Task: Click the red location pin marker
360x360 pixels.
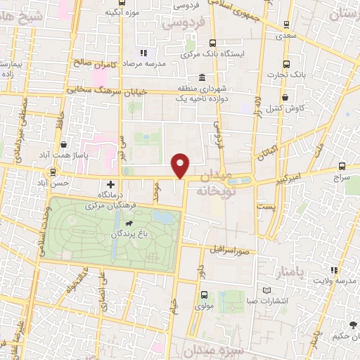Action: (181, 165)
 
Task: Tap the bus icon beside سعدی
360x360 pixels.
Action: (285, 22)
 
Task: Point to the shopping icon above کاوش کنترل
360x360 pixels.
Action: (285, 98)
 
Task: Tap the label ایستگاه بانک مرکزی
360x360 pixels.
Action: (210, 53)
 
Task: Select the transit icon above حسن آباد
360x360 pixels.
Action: (53, 172)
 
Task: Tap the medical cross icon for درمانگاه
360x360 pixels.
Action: (110, 184)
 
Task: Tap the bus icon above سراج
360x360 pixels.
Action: (342, 167)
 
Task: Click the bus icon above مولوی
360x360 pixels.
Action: (203, 295)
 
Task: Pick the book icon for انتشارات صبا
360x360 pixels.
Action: (266, 290)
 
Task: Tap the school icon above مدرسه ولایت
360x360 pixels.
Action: (335, 270)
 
